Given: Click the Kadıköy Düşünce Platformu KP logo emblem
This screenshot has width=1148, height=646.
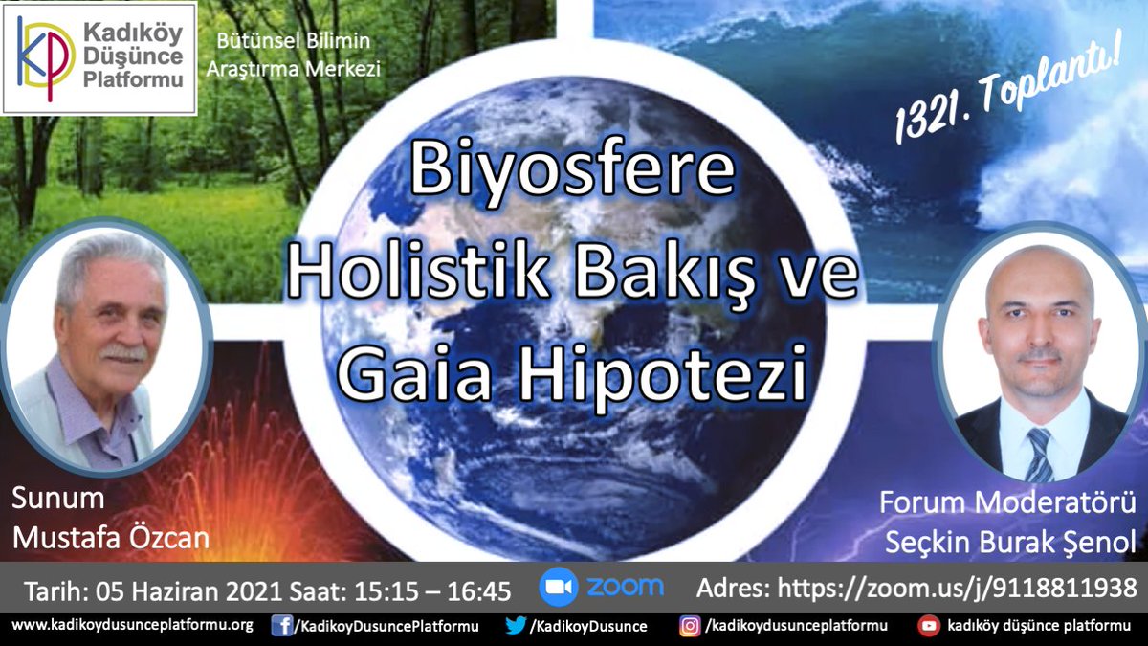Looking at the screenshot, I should (46, 57).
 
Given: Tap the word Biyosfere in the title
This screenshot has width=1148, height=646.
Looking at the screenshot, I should (572, 170).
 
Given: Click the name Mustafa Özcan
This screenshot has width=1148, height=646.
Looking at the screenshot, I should (110, 539).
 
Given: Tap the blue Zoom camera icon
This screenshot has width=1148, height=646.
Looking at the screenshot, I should (558, 587).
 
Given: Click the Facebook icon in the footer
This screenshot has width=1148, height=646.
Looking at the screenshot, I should (281, 626).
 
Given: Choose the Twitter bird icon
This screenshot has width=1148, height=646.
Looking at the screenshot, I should (516, 626).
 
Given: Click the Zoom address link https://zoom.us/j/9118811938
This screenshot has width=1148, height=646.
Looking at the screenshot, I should (957, 588).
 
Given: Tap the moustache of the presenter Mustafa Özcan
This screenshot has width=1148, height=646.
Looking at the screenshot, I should (123, 352).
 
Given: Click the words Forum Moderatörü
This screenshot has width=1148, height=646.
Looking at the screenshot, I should (1007, 501).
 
